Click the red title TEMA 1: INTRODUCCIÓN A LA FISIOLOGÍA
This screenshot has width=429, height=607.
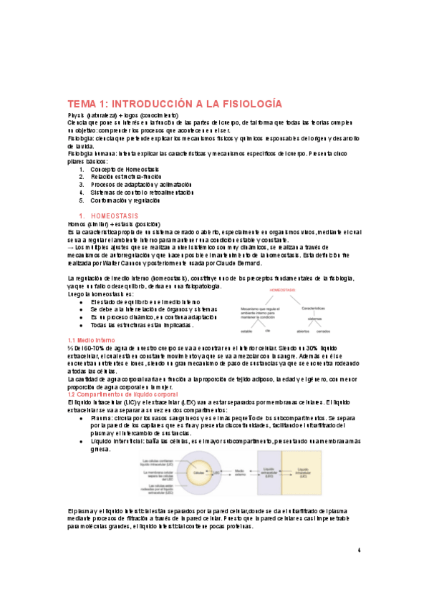tap(174, 103)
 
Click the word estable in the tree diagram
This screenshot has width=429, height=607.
tap(244, 331)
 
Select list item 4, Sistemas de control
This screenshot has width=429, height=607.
tap(142, 192)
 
